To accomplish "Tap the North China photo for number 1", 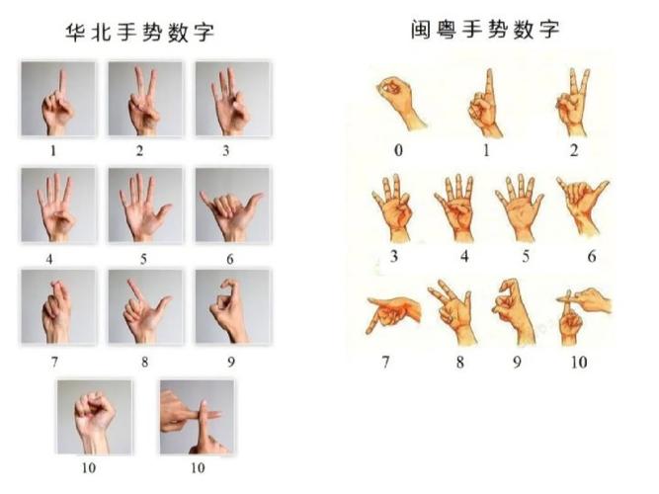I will (x=58, y=99).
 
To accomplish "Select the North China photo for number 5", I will (x=145, y=205).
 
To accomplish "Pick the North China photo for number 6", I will (x=231, y=205).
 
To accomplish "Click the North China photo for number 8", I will (x=145, y=306).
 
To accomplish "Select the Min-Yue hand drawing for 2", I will (x=573, y=102).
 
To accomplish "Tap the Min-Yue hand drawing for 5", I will (x=518, y=205).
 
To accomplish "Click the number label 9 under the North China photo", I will (x=231, y=362).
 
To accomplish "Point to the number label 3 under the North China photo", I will (x=226, y=150).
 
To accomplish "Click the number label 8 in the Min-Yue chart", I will (x=459, y=362).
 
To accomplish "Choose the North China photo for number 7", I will (x=58, y=306).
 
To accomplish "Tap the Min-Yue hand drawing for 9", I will (x=516, y=310).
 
